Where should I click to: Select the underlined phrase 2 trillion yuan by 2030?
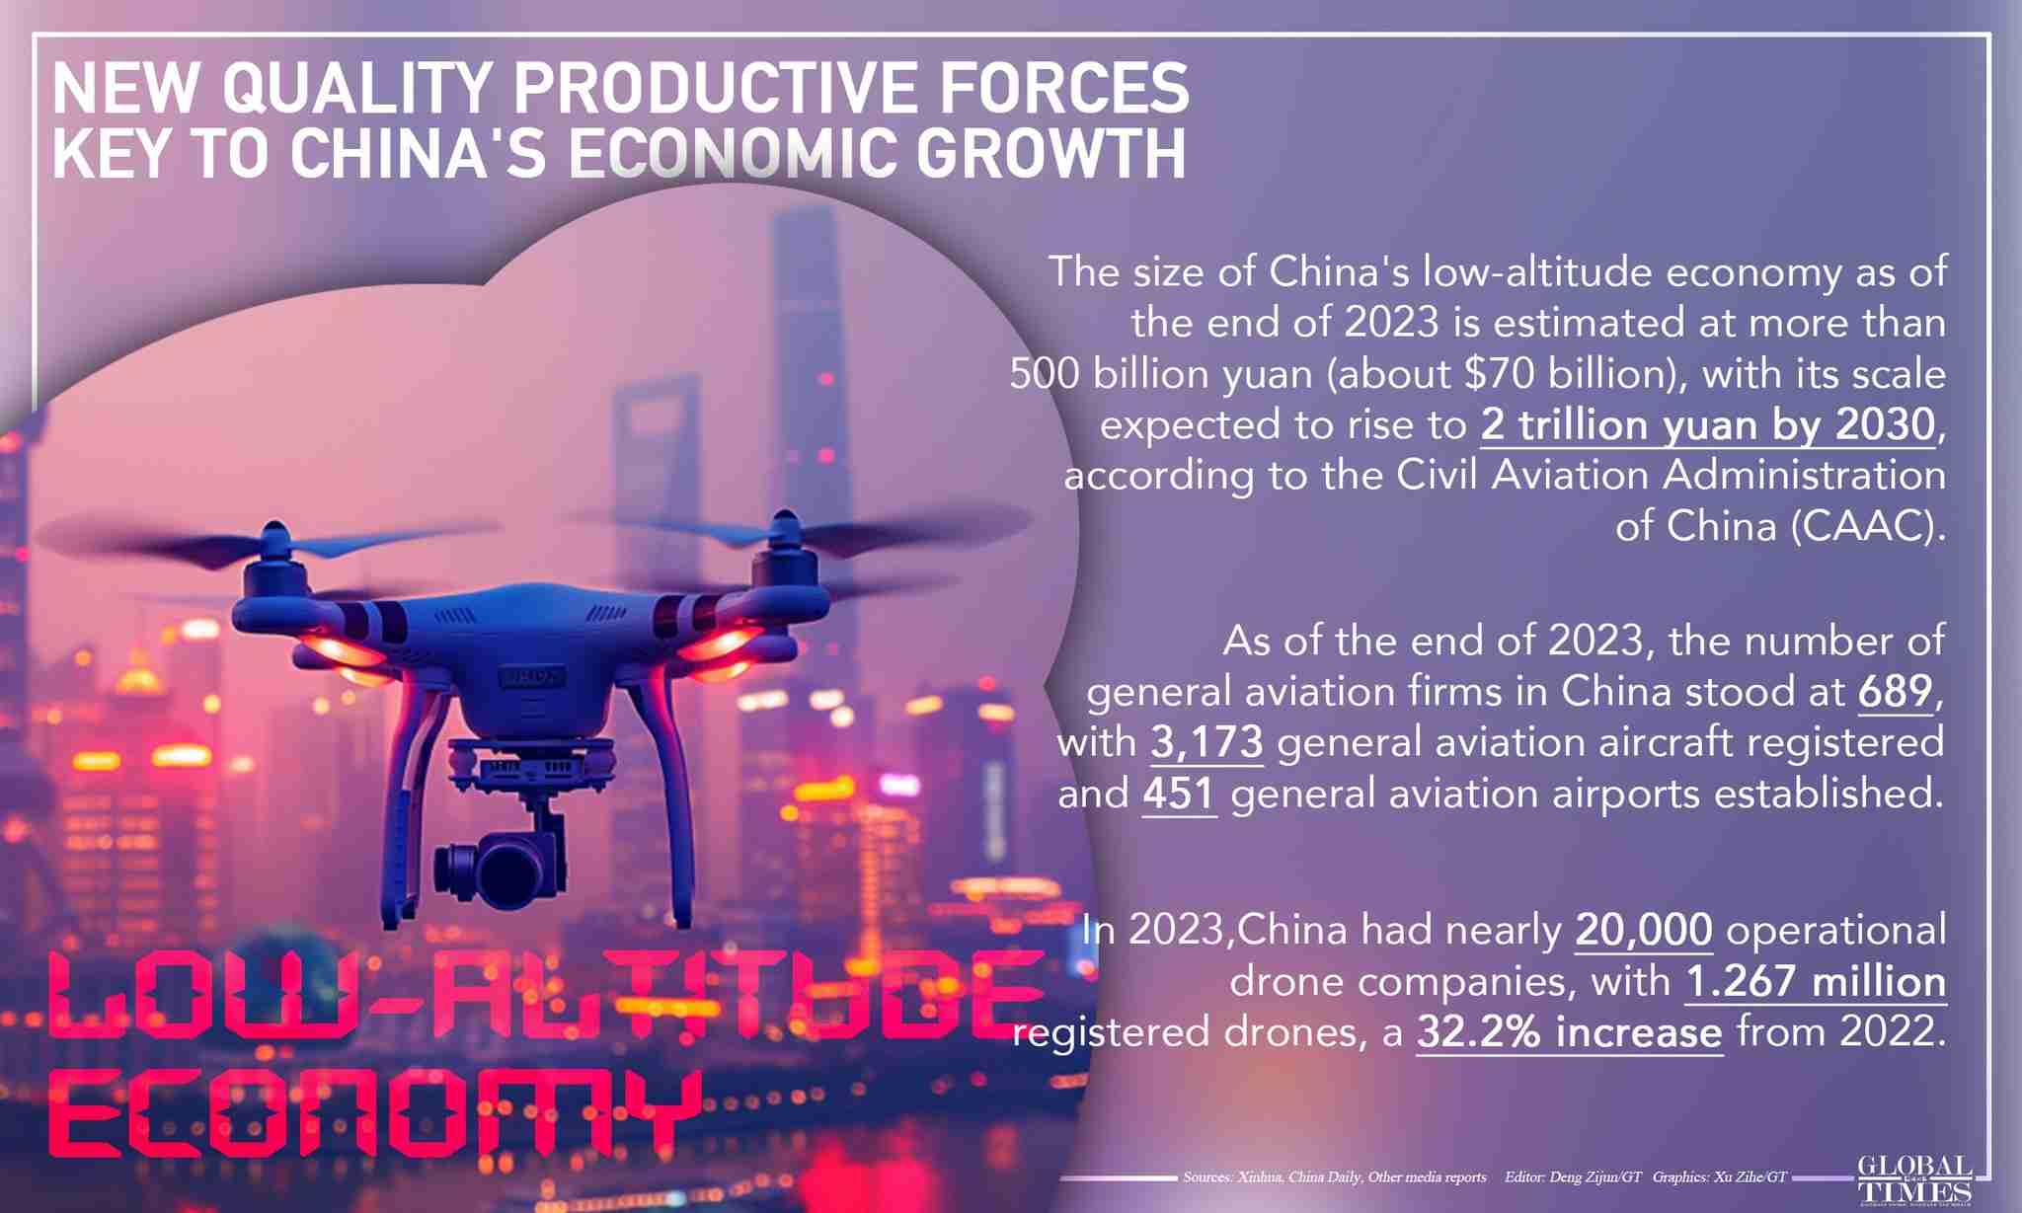pyautogui.click(x=1707, y=425)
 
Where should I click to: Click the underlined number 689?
pyautogui.click(x=1895, y=691)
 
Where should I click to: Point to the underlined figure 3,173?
pyautogui.click(x=1206, y=742)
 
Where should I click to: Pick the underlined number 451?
pyautogui.click(x=1179, y=794)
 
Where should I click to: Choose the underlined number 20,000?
pyautogui.click(x=1644, y=930)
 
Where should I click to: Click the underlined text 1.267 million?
pyautogui.click(x=1815, y=981)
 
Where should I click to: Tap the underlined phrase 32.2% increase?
pyautogui.click(x=1570, y=1032)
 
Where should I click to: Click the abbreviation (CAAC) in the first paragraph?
pyautogui.click(x=1866, y=526)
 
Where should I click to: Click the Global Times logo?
pyautogui.click(x=1914, y=1180)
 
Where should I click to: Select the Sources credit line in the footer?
pyautogui.click(x=1334, y=1177)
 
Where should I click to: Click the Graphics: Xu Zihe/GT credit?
pyautogui.click(x=1719, y=1177)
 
